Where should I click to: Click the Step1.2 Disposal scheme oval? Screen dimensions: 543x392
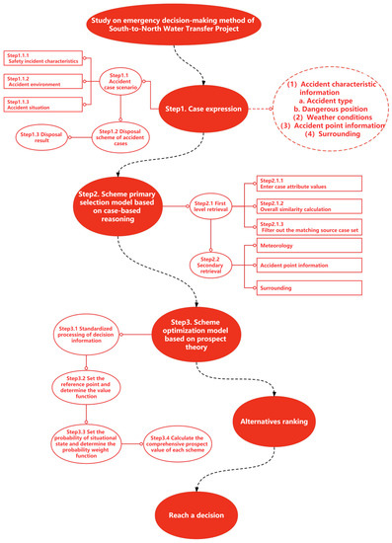(119, 138)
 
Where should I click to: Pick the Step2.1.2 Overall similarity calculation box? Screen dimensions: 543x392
(296, 206)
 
